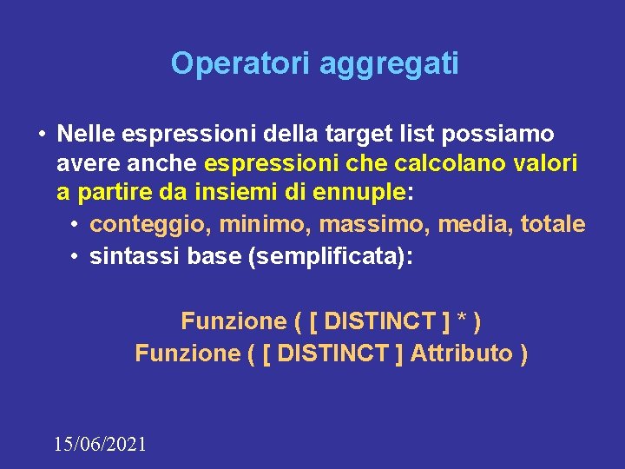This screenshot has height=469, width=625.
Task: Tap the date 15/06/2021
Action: [100, 445]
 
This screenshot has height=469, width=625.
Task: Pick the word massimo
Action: [374, 225]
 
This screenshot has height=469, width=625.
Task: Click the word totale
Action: [553, 225]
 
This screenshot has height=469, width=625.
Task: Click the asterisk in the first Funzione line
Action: [463, 322]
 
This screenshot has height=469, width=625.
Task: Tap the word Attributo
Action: [461, 353]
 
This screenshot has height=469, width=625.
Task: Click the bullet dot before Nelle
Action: [40, 134]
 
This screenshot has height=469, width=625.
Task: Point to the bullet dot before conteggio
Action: [76, 225]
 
